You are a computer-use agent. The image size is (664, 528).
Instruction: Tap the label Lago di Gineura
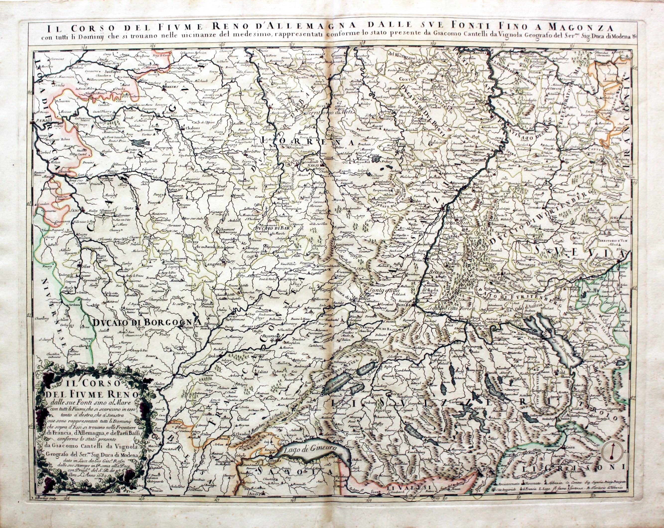(312, 449)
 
